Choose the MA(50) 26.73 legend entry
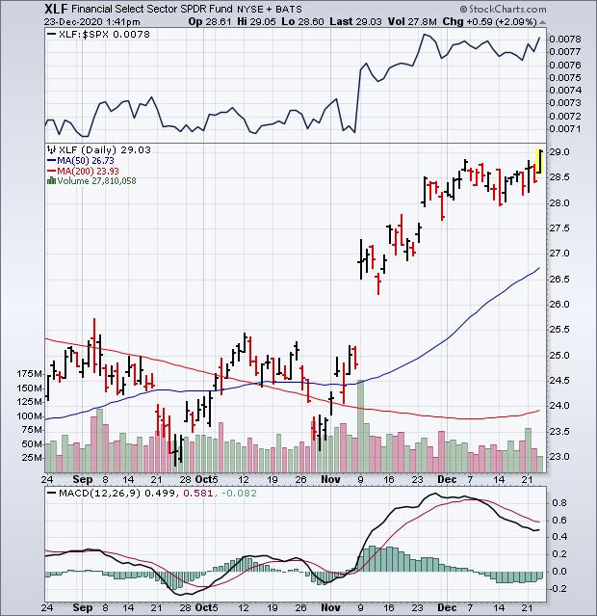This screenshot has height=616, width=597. coord(87,161)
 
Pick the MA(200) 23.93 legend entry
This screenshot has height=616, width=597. coord(89,171)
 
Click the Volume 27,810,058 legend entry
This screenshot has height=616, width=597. coord(96,180)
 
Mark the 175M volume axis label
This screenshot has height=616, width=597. coord(30,373)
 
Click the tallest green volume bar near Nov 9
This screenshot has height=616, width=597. coord(361,425)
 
